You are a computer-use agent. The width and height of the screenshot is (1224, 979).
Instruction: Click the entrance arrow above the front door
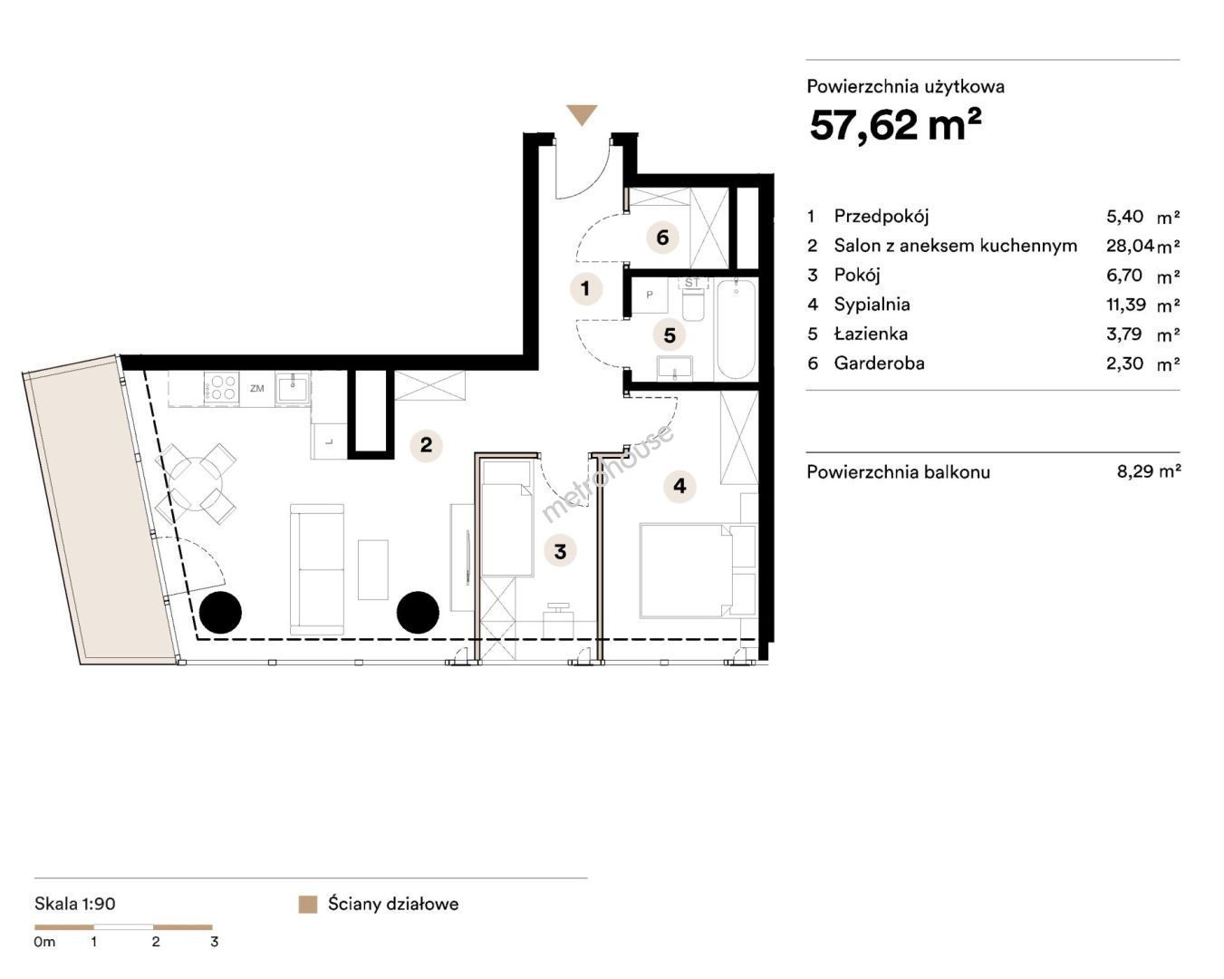click(583, 114)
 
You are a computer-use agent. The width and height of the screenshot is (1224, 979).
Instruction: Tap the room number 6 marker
click(662, 237)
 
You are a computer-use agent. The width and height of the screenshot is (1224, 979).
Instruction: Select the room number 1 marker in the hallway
click(586, 289)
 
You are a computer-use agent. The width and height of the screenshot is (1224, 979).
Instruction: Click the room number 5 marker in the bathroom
click(670, 335)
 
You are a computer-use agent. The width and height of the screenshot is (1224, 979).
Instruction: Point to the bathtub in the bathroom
click(736, 329)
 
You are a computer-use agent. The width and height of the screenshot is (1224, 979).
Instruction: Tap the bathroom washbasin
click(675, 368)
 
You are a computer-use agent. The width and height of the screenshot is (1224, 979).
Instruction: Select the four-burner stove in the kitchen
click(221, 388)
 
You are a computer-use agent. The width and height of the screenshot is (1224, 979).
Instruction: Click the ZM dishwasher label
click(257, 389)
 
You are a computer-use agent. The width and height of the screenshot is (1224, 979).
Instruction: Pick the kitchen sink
click(293, 388)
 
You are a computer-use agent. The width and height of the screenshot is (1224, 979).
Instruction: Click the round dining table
click(197, 484)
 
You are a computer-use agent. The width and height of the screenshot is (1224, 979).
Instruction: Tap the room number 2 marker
click(426, 444)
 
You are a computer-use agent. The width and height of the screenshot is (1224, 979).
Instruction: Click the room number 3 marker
click(560, 551)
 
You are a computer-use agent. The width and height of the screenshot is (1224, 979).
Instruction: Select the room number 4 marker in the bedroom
click(679, 486)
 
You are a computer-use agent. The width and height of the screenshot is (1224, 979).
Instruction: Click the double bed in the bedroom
click(699, 571)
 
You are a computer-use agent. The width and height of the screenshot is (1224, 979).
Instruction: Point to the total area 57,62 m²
click(895, 126)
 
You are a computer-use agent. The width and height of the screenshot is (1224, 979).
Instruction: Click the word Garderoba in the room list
click(879, 363)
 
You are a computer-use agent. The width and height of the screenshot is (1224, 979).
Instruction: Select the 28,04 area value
click(1131, 246)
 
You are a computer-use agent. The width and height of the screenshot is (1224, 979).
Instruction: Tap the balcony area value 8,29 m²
click(1149, 471)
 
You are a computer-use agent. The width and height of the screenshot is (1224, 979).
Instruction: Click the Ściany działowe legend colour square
click(308, 905)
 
